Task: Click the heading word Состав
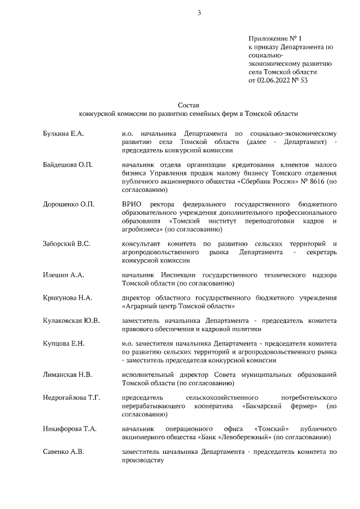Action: pos(188,105)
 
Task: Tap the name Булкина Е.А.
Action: pos(63,134)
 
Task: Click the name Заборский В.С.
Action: pos(67,244)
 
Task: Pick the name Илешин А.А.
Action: pos(64,275)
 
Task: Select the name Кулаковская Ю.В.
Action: pos(71,320)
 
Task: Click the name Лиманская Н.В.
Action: pos(67,374)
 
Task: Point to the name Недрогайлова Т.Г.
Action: pos(71,398)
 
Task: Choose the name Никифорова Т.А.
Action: pos(70,429)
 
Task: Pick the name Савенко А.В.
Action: pos(64,452)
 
